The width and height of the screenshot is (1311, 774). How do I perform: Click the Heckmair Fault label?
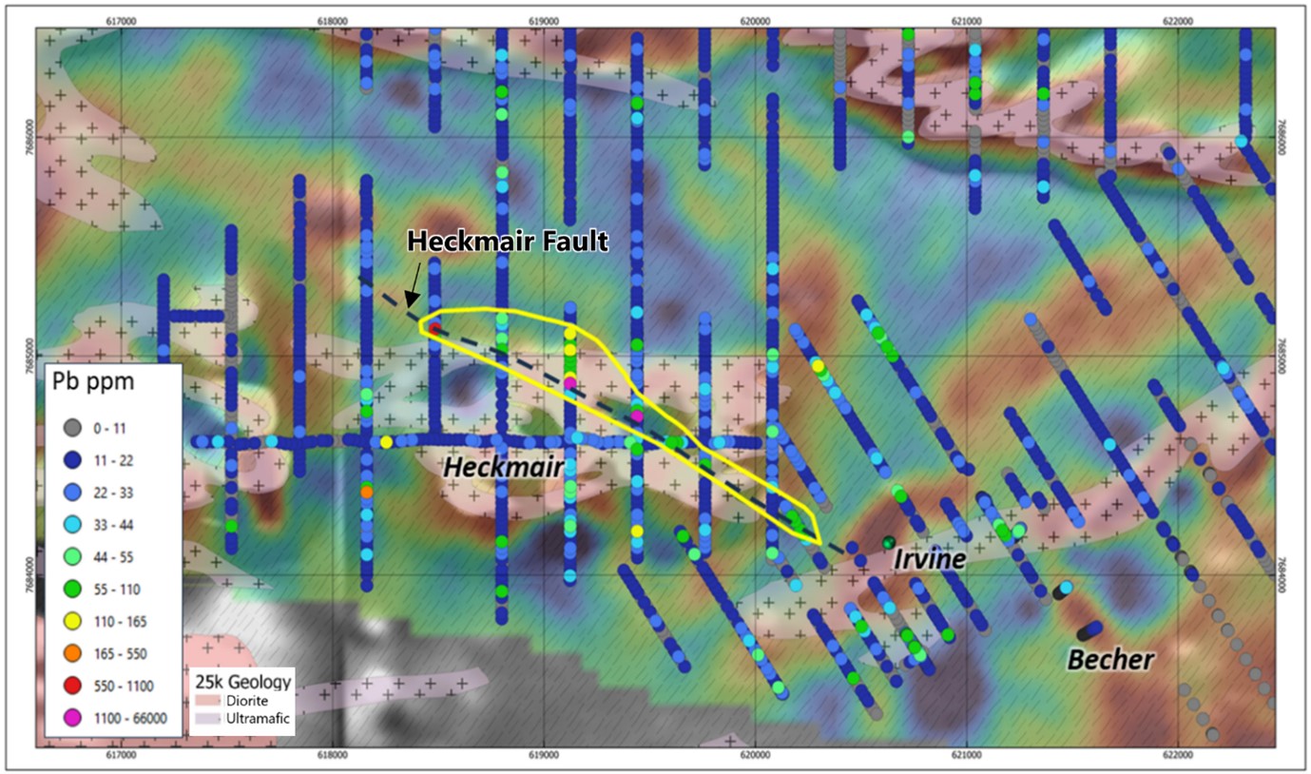[507, 242]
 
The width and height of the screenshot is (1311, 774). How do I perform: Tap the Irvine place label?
[929, 560]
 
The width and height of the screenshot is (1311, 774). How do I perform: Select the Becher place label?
[1110, 659]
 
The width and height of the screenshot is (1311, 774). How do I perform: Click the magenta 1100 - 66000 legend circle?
[68, 718]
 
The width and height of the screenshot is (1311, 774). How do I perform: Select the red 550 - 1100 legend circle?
[68, 686]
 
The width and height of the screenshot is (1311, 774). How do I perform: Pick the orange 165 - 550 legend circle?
[68, 653]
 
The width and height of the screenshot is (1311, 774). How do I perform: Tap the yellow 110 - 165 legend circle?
[68, 621]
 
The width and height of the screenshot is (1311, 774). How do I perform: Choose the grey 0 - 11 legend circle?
[68, 427]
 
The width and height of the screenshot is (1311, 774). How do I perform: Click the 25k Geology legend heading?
[241, 682]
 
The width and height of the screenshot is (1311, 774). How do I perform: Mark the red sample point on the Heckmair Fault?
[434, 328]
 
